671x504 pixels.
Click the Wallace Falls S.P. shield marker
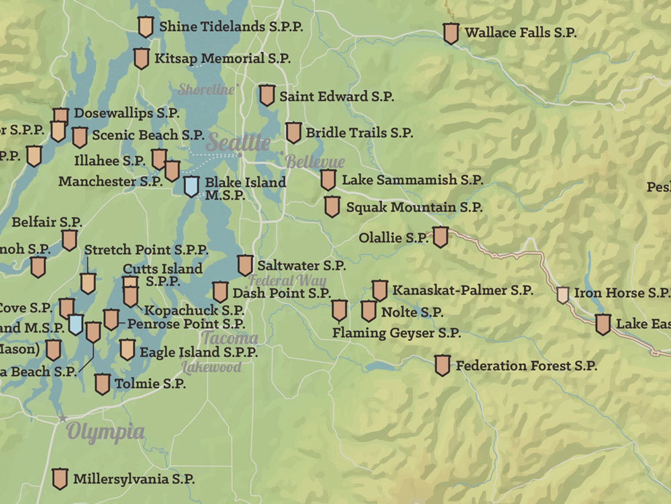pyautogui.click(x=451, y=33)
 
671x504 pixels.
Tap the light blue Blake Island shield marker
pyautogui.click(x=191, y=186)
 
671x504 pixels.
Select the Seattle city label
pyautogui.click(x=238, y=142)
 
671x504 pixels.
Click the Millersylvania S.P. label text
pyautogui.click(x=134, y=479)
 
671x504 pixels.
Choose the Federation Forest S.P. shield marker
pyautogui.click(x=442, y=365)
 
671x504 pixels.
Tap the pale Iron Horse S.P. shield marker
pyautogui.click(x=562, y=295)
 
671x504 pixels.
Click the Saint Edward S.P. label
pyautogui.click(x=336, y=96)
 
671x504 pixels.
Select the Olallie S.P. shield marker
pyautogui.click(x=440, y=237)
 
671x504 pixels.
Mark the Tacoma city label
pyautogui.click(x=229, y=338)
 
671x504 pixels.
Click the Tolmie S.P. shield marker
pyautogui.click(x=102, y=384)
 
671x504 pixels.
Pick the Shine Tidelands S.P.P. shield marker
pyautogui.click(x=145, y=27)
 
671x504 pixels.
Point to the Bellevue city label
pyautogui.click(x=315, y=161)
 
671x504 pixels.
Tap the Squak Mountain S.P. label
pyautogui.click(x=414, y=207)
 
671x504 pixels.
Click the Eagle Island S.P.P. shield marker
pyautogui.click(x=127, y=350)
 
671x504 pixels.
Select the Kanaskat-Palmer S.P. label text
pyautogui.click(x=463, y=290)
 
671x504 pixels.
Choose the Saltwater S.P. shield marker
pyautogui.click(x=245, y=265)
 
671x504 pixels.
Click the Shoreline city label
pyautogui.click(x=206, y=89)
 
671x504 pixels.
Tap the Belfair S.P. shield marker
pyautogui.click(x=70, y=240)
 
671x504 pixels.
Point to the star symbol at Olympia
pyautogui.click(x=63, y=419)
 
